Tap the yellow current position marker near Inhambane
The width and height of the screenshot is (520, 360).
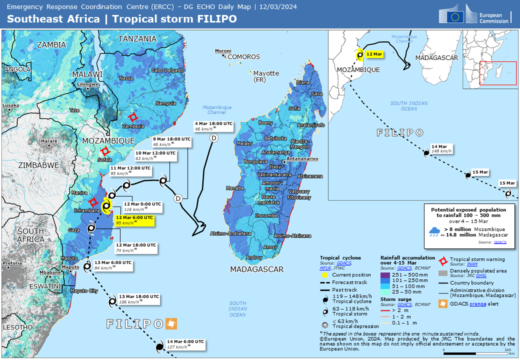(106, 206)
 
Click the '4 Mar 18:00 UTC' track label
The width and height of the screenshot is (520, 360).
(213, 126)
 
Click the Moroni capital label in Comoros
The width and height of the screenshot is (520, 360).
(223, 51)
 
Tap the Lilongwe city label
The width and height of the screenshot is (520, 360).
(88, 84)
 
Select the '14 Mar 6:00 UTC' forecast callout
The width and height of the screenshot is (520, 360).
(185, 343)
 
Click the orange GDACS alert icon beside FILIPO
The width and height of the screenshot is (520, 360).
(171, 323)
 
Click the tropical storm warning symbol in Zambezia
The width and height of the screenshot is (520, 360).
(132, 117)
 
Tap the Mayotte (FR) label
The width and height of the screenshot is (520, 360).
(266, 76)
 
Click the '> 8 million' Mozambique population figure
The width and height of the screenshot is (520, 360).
(457, 228)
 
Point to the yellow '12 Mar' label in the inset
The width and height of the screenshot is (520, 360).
(374, 54)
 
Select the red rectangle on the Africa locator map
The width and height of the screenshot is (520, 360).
(497, 73)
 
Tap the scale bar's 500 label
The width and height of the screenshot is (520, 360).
(507, 350)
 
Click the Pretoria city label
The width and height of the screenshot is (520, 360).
(12, 263)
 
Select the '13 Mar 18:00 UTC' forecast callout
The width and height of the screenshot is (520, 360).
(138, 298)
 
